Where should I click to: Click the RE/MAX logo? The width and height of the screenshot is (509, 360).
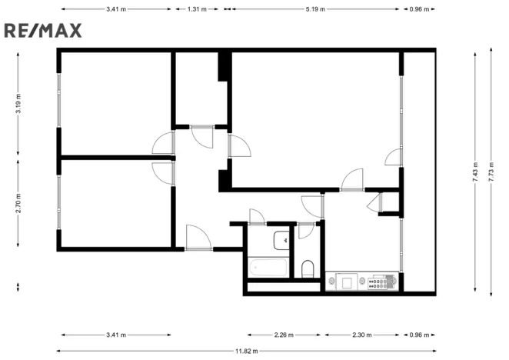pyautogui.click(x=43, y=31)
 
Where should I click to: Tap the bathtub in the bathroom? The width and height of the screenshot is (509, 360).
pyautogui.click(x=269, y=268)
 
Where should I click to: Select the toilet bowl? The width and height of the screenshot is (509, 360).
pyautogui.click(x=308, y=268)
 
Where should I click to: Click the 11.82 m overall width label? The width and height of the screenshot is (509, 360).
pyautogui.click(x=246, y=351)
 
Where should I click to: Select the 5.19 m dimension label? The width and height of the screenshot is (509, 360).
pyautogui.click(x=315, y=10)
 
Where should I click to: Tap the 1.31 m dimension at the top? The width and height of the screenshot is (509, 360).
pyautogui.click(x=198, y=10)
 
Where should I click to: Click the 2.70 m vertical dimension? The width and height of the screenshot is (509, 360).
pyautogui.click(x=18, y=202)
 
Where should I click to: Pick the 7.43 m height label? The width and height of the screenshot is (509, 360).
pyautogui.click(x=476, y=169)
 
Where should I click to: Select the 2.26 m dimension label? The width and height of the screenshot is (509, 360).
pyautogui.click(x=284, y=335)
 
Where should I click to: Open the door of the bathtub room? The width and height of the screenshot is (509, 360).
pyautogui.click(x=257, y=216)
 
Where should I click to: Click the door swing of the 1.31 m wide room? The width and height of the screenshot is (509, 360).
pyautogui.click(x=203, y=136)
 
